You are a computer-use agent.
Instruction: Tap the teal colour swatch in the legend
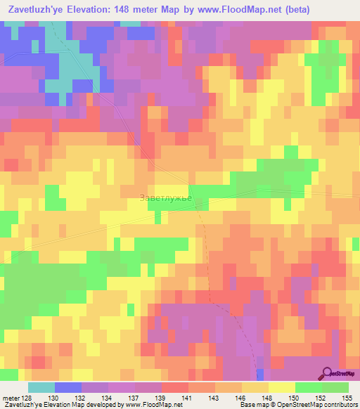pos(41,387)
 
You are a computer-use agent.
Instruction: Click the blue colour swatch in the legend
pos(68,387)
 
